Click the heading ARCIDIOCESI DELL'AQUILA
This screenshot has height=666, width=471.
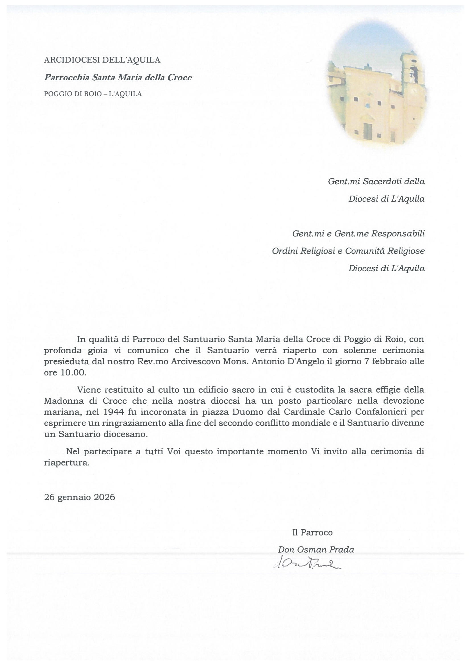[102, 60]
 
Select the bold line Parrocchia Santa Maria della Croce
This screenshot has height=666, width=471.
[118, 77]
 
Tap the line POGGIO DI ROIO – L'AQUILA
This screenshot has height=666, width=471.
[93, 94]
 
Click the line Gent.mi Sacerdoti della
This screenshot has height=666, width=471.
[376, 181]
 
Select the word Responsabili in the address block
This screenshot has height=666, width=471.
[398, 234]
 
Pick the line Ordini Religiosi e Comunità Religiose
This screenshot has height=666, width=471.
[348, 251]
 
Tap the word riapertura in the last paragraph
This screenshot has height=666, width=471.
[66, 463]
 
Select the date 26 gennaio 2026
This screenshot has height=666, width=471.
[79, 497]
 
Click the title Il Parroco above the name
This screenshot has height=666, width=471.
[312, 532]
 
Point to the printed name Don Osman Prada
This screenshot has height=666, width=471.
[316, 549]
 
